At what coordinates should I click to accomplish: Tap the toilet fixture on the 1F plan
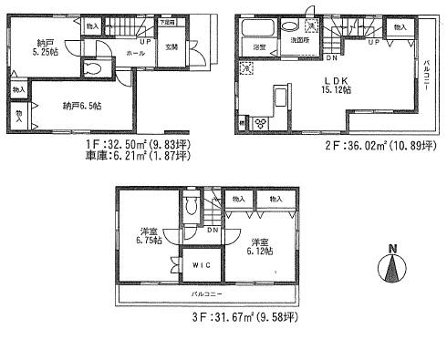(x=93, y=68)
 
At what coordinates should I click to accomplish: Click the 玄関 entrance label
(x=172, y=47)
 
